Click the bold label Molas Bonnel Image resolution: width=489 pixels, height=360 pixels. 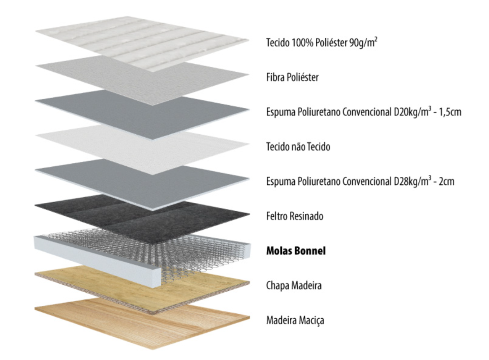coord(296,251)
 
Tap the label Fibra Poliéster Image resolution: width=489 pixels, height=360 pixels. coord(292,77)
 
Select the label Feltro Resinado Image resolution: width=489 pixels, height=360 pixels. coord(295,216)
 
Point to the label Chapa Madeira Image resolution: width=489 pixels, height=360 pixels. coord(294,285)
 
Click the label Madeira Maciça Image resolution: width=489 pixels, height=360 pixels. coord(295,320)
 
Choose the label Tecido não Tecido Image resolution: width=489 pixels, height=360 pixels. coord(298,147)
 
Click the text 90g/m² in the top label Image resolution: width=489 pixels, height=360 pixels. coord(363,42)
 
